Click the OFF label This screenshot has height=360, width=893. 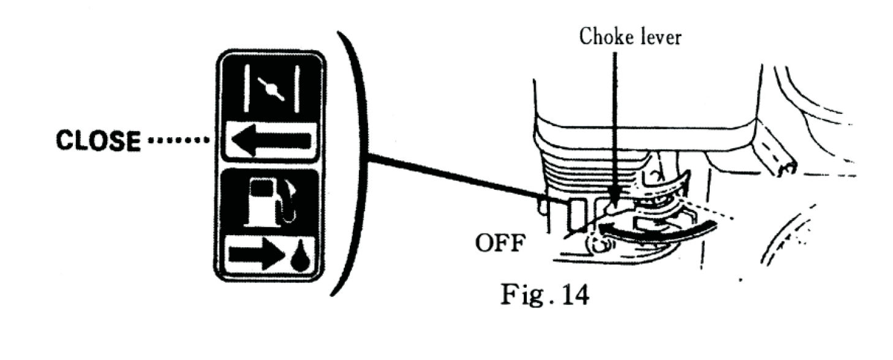499,244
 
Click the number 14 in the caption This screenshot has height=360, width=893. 573,295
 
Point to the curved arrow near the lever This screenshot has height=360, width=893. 655,231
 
